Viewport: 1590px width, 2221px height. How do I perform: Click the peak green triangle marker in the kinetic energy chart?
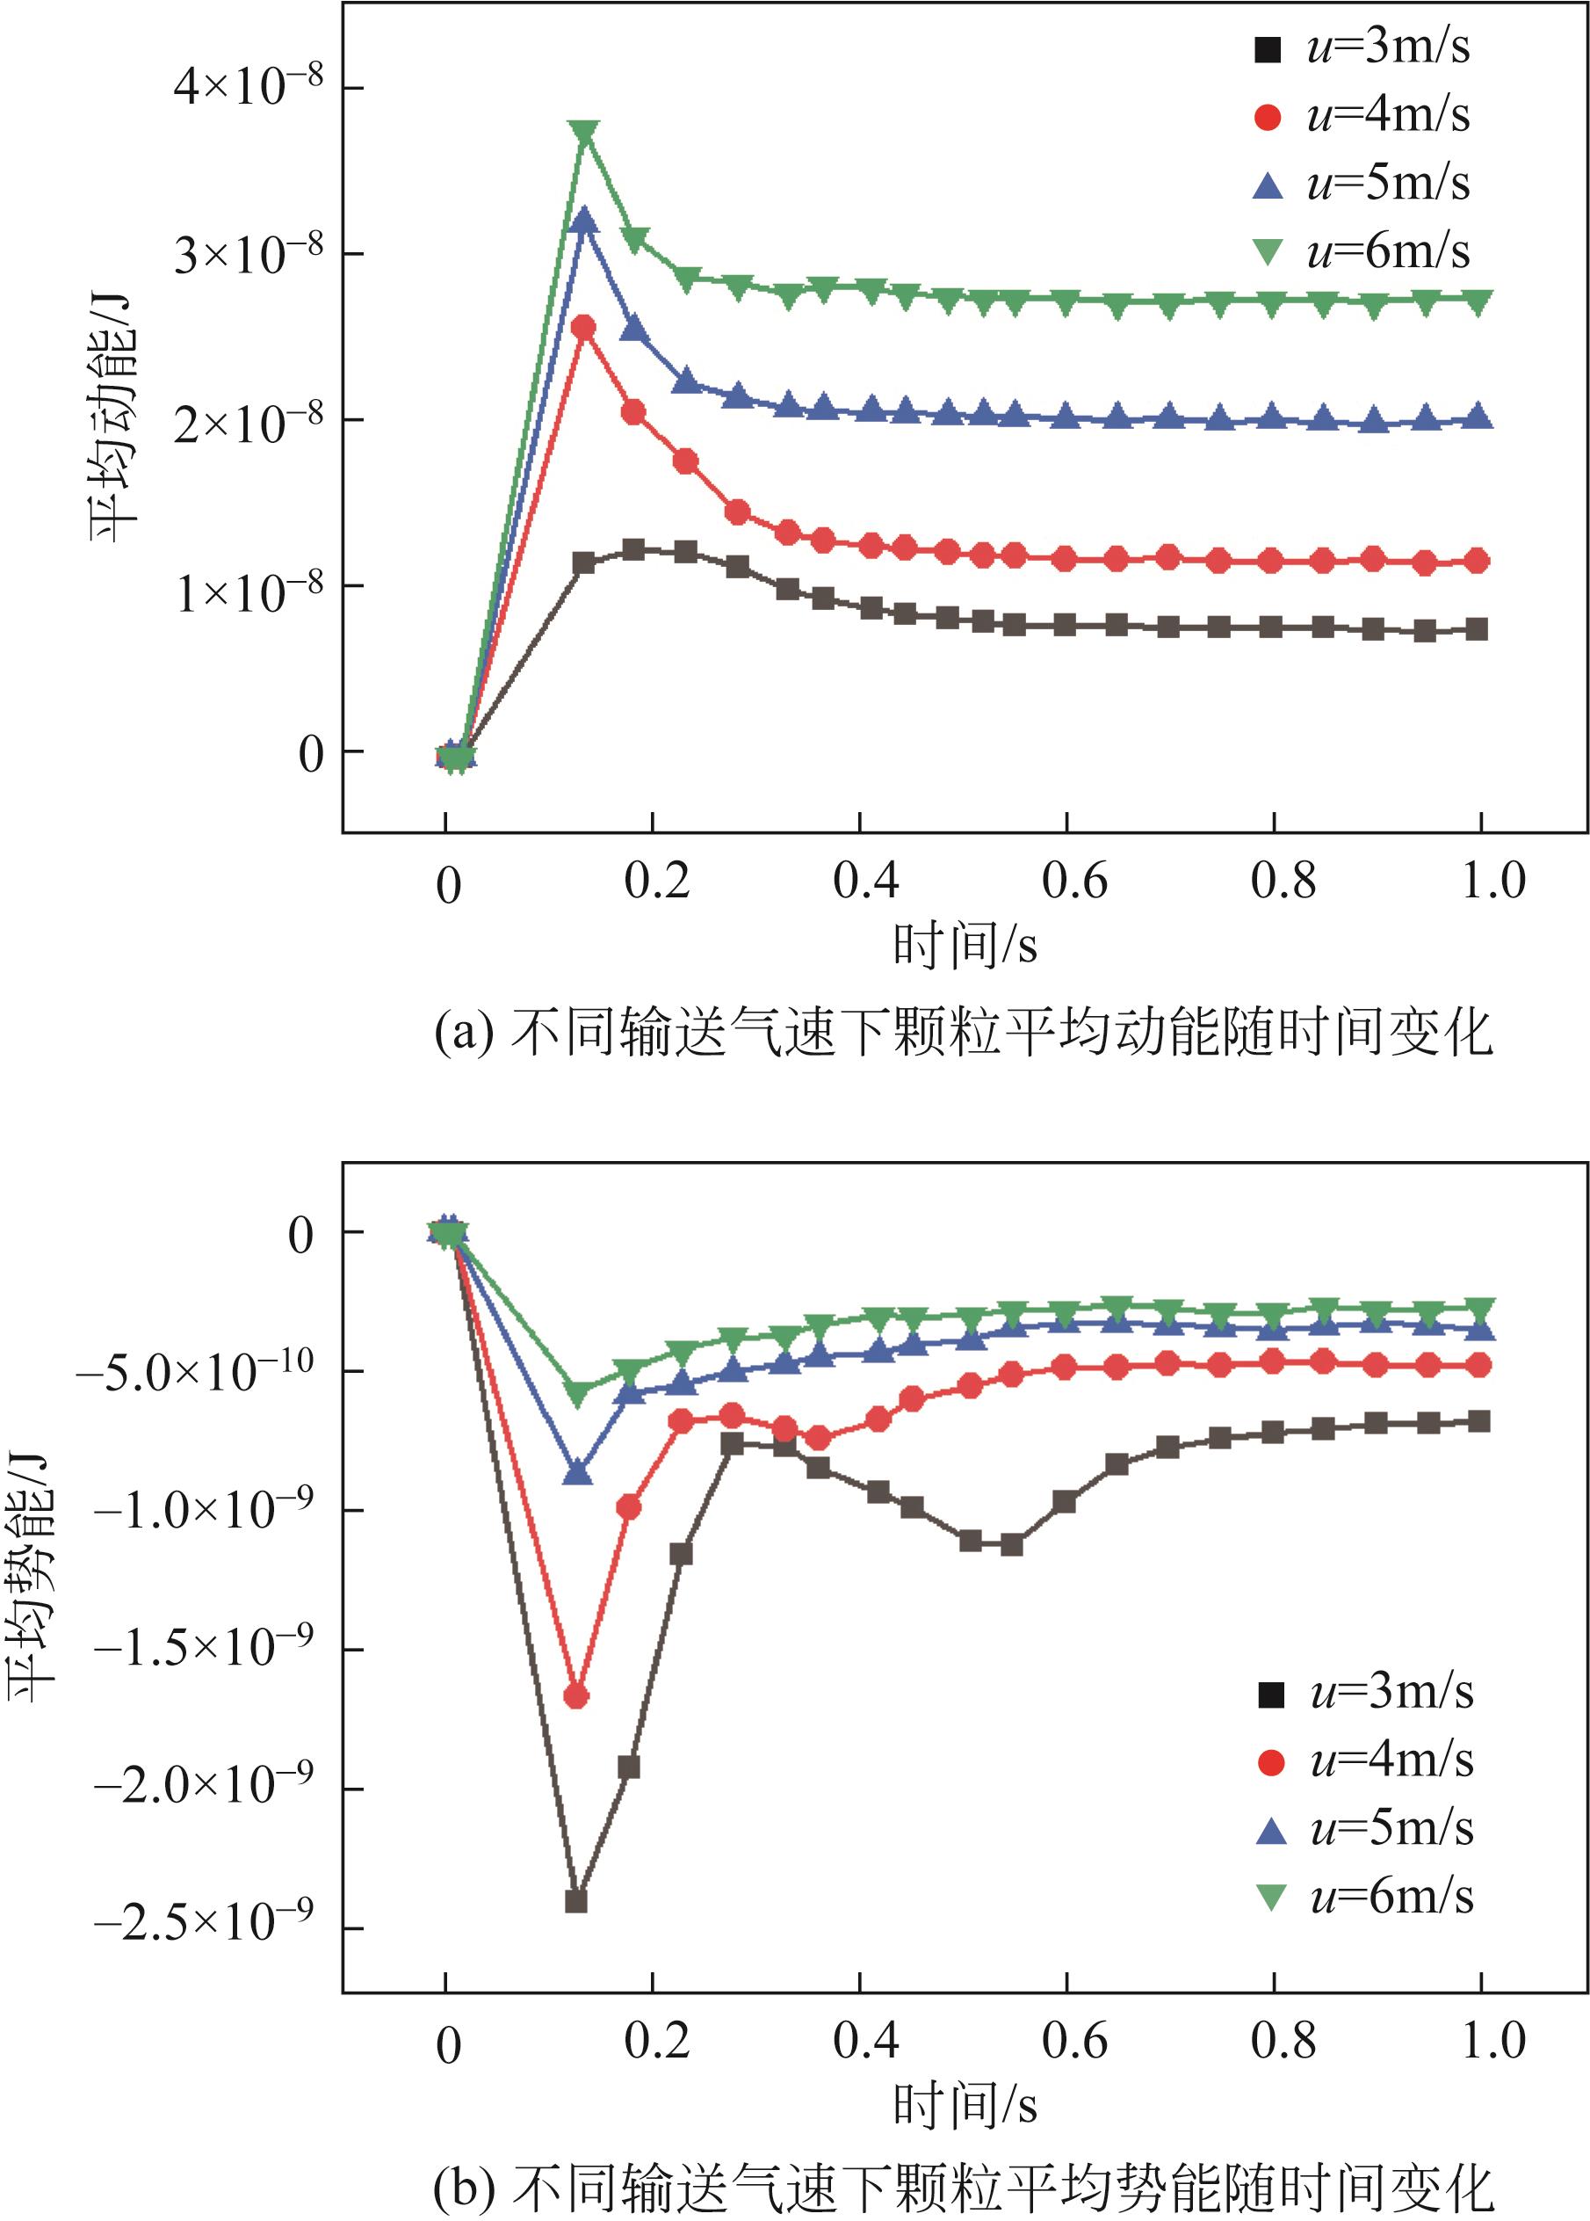[584, 134]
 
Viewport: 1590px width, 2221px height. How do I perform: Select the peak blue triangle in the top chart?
[584, 221]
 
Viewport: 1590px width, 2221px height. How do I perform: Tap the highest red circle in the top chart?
[583, 327]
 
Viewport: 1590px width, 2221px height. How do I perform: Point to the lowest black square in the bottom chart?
[576, 1902]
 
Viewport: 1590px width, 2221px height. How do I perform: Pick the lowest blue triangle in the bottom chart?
[578, 1472]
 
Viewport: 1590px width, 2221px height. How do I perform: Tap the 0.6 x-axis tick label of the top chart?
[1074, 882]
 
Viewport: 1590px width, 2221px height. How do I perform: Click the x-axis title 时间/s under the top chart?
[965, 946]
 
